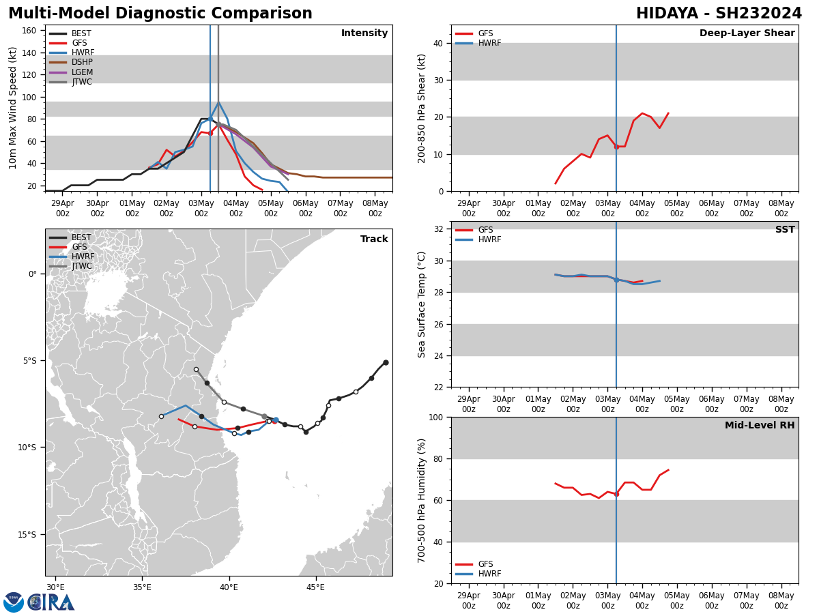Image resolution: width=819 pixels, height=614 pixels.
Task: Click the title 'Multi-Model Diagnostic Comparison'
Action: tap(160, 14)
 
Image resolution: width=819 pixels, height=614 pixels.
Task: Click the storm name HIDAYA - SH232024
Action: tap(719, 14)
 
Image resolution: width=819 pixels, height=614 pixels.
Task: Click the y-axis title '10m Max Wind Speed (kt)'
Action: tap(12, 108)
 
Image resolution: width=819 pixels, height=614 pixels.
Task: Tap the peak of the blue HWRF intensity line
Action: tap(218, 103)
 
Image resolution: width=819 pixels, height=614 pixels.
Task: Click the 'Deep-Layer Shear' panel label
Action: tap(747, 33)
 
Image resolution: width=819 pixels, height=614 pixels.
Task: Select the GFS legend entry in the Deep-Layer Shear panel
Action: tap(485, 33)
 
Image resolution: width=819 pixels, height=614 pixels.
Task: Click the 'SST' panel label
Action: tap(784, 230)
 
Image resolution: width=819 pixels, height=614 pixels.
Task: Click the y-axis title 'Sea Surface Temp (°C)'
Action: tap(422, 304)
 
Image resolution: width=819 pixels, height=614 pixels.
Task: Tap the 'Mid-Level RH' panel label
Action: tap(759, 426)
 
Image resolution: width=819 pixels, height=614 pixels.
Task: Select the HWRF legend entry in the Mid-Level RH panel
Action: tap(489, 574)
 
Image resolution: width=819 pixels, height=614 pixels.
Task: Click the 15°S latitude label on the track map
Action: tap(28, 534)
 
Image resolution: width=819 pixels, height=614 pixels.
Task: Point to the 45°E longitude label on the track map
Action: tap(315, 587)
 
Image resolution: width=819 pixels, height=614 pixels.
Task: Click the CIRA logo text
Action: tap(51, 602)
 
